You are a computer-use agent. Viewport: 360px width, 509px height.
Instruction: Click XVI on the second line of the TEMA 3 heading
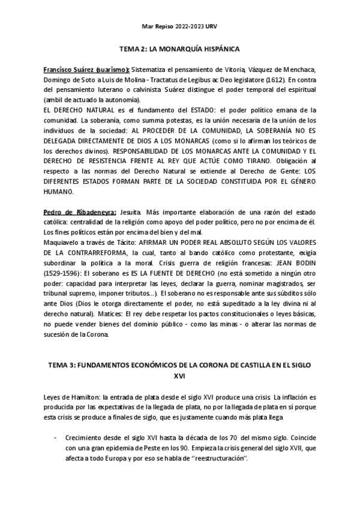coord(179,376)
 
